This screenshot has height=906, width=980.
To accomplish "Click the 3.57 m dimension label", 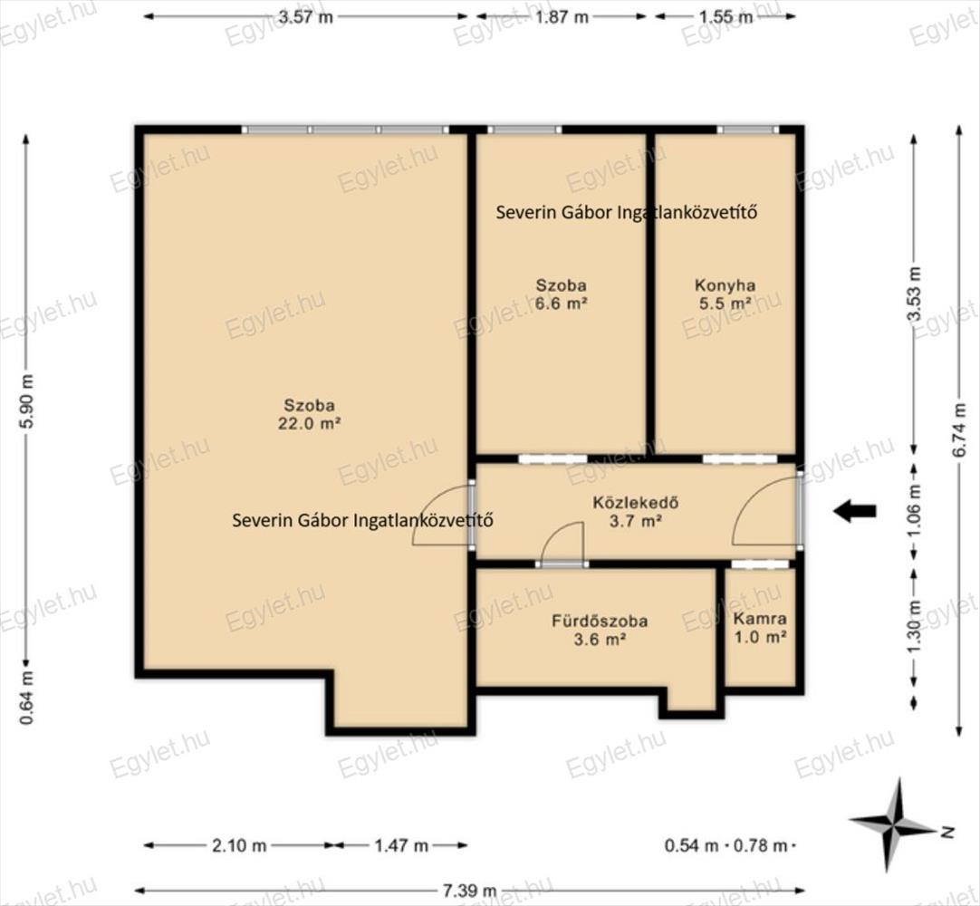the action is click(x=305, y=17).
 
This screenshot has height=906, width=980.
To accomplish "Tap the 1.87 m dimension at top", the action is click(x=562, y=17).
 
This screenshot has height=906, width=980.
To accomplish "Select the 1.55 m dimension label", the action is click(x=725, y=17).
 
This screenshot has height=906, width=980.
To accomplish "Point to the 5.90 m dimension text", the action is click(x=27, y=400).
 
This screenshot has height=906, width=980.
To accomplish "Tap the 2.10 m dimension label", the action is click(x=239, y=846).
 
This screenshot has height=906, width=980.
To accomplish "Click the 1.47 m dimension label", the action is click(x=401, y=846).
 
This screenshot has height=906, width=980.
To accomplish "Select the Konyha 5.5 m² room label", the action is click(x=725, y=294).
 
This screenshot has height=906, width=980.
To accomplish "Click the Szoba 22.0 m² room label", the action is click(x=310, y=414).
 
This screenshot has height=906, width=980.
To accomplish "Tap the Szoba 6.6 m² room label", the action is click(x=562, y=294).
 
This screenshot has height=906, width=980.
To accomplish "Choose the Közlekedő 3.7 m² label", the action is click(x=636, y=512).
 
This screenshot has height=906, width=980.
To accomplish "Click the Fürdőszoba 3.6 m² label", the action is click(x=600, y=630).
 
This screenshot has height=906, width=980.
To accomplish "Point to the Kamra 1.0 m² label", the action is click(x=760, y=628).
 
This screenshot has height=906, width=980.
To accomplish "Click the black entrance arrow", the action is click(x=854, y=512).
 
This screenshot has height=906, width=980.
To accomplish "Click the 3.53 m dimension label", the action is click(x=915, y=294).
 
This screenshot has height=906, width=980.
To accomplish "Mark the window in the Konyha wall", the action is click(x=747, y=130).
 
